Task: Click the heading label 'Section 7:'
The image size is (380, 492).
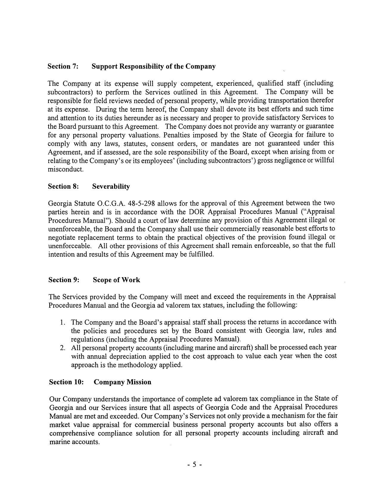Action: pos(63,66)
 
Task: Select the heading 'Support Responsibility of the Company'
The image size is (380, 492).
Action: pos(153,66)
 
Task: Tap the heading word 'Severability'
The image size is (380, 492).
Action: pos(111,187)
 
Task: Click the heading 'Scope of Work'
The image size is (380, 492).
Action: pos(116,280)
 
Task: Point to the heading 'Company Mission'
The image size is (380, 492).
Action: pos(122,382)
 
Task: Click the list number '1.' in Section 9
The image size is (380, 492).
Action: pos(62,322)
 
